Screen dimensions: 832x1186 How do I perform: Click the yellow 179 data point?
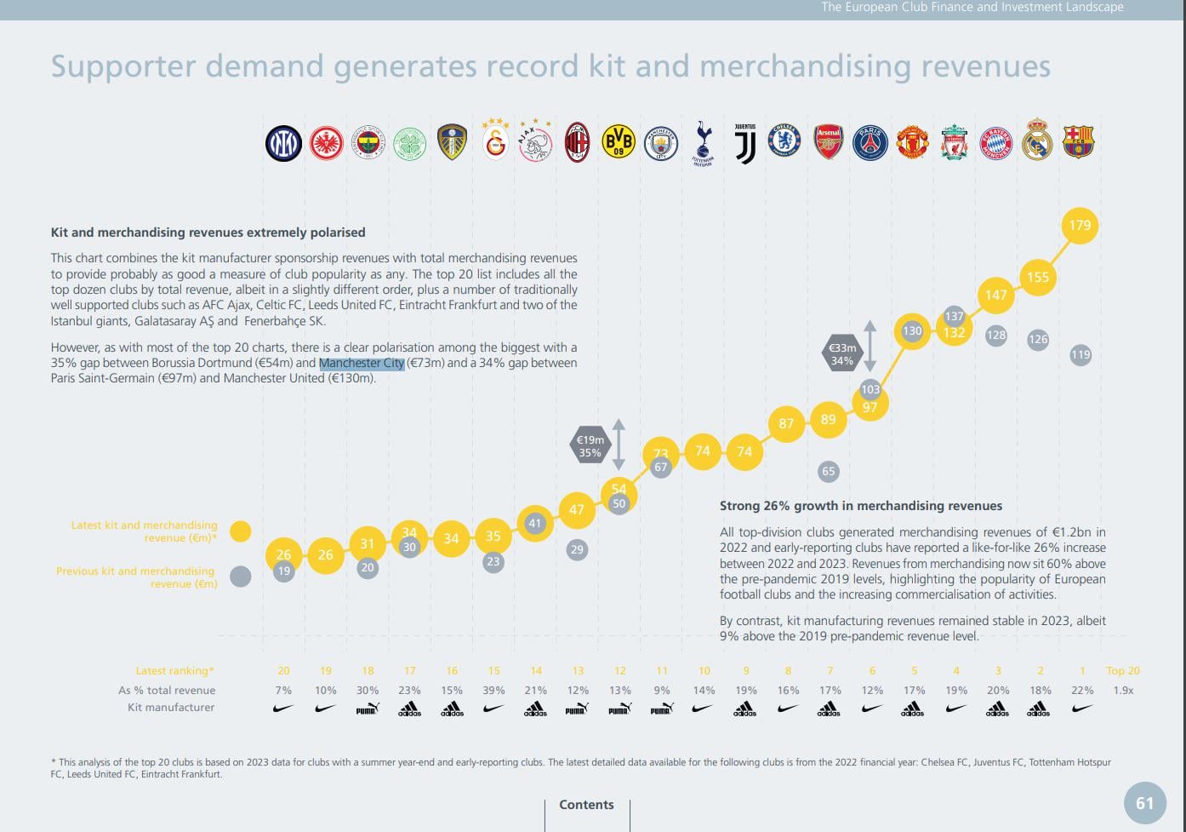click(1080, 226)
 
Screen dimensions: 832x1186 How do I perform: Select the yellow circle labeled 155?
click(1038, 278)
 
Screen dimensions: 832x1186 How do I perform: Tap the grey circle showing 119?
click(1080, 354)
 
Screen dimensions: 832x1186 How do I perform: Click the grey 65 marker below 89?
click(828, 471)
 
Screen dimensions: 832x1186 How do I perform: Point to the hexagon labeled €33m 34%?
click(842, 354)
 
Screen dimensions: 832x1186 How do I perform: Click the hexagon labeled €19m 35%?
click(590, 446)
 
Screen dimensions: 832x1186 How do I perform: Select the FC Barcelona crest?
click(1078, 141)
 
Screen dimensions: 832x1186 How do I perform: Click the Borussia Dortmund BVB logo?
click(619, 141)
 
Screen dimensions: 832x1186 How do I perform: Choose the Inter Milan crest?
click(283, 143)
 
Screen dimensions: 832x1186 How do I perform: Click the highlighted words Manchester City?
click(362, 363)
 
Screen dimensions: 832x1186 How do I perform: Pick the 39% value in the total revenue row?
click(493, 691)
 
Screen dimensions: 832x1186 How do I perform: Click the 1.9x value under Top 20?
click(1123, 691)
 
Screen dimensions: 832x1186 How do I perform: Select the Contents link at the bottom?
click(586, 805)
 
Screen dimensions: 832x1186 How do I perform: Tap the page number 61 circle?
click(1145, 803)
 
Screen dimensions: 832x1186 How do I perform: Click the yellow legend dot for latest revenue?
click(241, 531)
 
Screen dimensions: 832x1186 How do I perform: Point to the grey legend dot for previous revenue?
click(241, 577)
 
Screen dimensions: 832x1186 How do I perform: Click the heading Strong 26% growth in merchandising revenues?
click(861, 506)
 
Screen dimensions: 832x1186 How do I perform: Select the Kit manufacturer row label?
click(171, 708)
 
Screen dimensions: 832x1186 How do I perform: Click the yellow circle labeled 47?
click(577, 509)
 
